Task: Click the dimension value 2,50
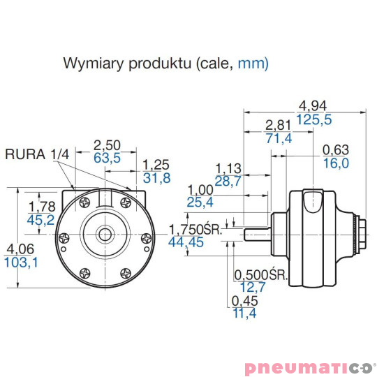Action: point(107,145)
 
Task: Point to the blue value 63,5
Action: point(107,158)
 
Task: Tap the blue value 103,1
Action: point(21,262)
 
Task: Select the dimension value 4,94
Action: point(313,106)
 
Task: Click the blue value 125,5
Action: point(313,119)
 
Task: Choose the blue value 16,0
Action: point(336,163)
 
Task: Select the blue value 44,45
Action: point(186,242)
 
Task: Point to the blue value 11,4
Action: point(244,313)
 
